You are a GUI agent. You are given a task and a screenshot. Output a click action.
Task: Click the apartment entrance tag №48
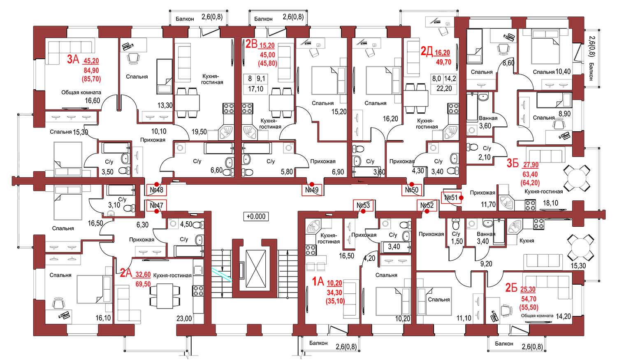click(156, 190)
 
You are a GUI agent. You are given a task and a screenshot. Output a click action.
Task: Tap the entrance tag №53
click(363, 205)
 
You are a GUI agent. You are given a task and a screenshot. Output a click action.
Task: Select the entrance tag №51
click(451, 197)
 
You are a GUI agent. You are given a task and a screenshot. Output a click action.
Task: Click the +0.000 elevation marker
click(256, 216)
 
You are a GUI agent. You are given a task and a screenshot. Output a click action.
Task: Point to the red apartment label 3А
click(73, 59)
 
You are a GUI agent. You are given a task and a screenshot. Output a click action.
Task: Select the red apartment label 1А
click(318, 281)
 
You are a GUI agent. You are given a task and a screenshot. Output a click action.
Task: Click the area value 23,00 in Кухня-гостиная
click(184, 319)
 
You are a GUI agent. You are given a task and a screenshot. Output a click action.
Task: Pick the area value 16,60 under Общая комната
click(93, 100)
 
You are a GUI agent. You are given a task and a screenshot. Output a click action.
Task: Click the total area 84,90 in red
click(91, 70)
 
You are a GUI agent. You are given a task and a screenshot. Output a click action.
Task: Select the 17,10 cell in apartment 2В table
click(255, 89)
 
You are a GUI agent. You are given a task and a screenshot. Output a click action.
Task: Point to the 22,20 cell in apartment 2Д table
click(444, 88)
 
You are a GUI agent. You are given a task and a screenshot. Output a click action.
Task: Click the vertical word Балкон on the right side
click(591, 71)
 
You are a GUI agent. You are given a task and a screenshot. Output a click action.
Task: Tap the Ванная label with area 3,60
click(488, 118)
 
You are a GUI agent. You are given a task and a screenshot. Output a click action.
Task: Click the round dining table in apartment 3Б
click(577, 178)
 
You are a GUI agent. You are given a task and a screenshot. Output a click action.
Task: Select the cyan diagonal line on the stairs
click(222, 274)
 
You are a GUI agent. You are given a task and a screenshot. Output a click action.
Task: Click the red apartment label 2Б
click(511, 288)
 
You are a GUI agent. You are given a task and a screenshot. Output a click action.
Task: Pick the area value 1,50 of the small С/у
click(457, 242)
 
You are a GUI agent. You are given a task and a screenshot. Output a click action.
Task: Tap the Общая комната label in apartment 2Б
click(537, 316)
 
